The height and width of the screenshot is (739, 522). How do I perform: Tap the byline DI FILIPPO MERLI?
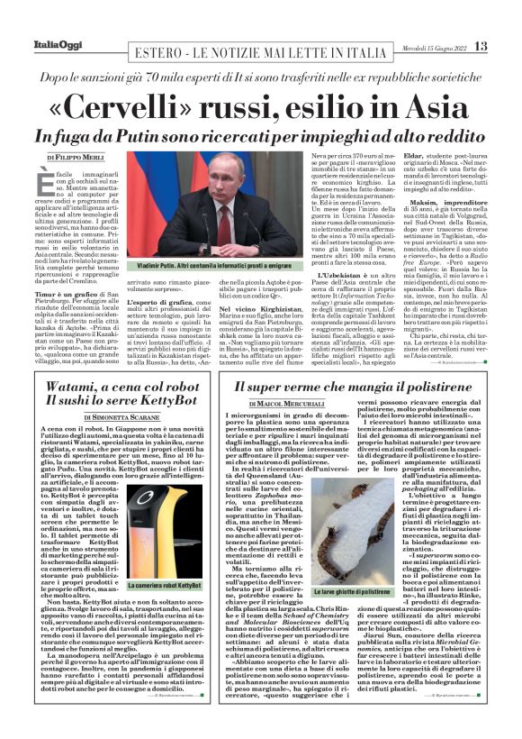76,157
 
